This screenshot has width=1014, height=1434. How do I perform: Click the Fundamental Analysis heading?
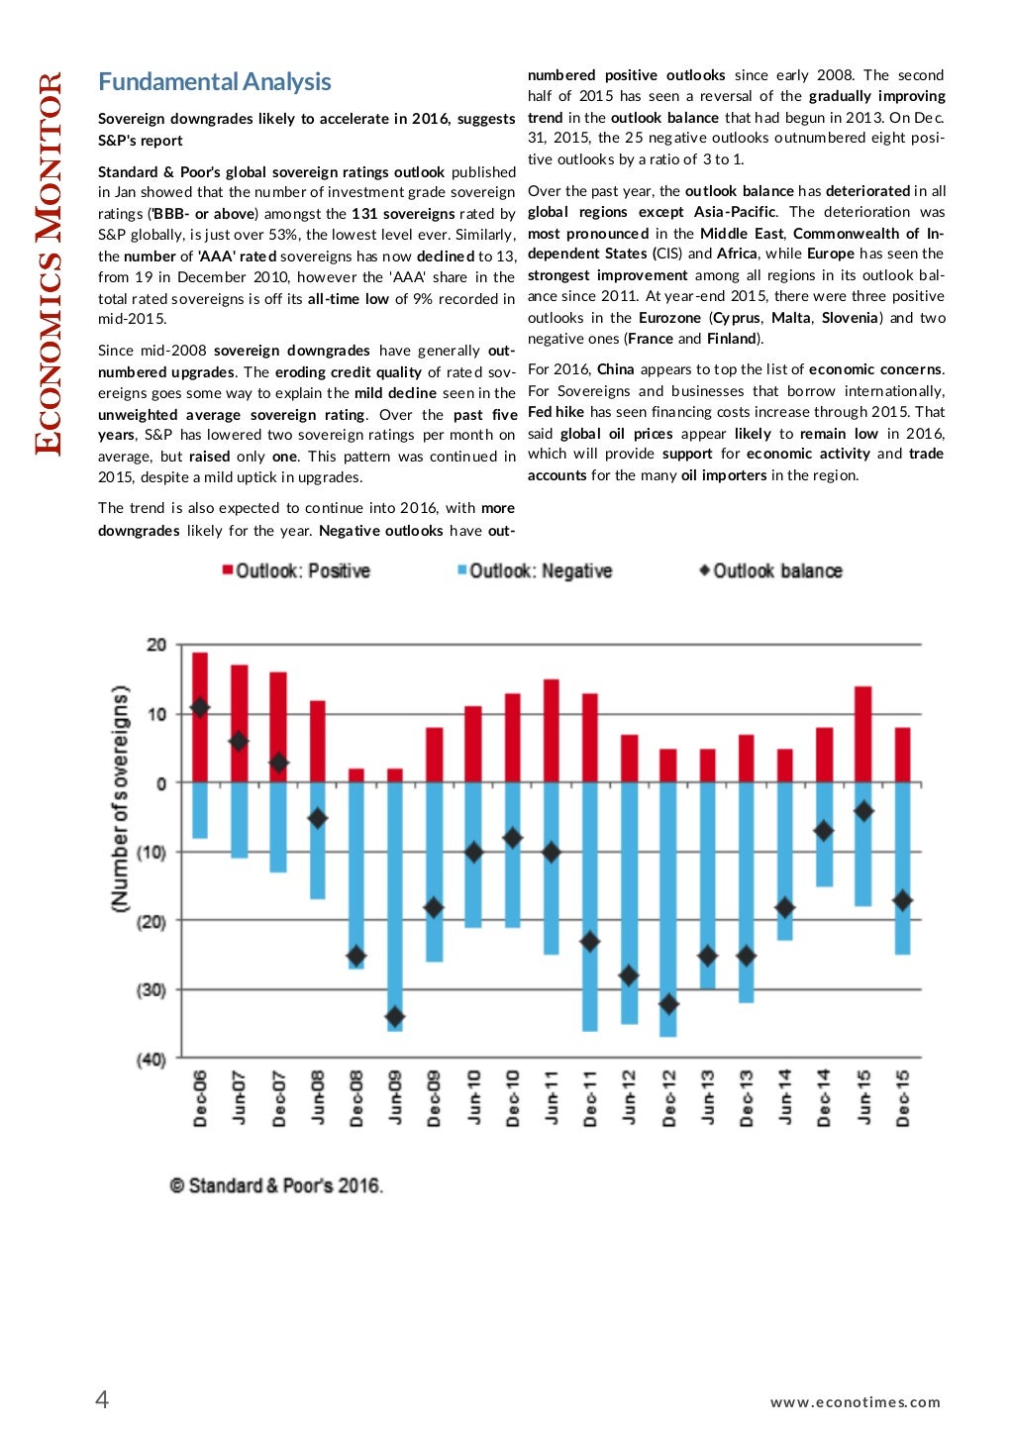click(214, 82)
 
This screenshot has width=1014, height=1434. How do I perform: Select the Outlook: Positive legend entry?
click(296, 571)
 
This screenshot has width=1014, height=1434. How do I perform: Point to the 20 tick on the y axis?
click(156, 645)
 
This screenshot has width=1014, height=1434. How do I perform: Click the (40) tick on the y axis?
click(152, 1060)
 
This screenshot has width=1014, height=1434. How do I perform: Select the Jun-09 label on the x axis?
click(395, 1096)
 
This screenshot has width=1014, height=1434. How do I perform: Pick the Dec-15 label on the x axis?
click(902, 1096)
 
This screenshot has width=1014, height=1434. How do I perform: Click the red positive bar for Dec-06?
click(200, 683)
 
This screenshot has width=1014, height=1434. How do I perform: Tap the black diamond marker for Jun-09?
click(395, 1017)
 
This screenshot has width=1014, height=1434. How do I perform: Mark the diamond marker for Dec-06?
click(200, 707)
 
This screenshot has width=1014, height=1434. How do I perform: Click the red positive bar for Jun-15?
click(862, 733)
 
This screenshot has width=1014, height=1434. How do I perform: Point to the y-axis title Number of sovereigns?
click(120, 798)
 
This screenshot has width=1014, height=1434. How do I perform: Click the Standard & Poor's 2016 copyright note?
click(276, 1185)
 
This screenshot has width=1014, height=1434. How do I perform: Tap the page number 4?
click(101, 1399)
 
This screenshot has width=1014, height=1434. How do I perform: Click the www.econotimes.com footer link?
click(855, 1402)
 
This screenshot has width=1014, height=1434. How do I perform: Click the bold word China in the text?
click(615, 369)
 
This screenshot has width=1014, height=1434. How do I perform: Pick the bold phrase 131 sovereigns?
click(403, 214)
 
